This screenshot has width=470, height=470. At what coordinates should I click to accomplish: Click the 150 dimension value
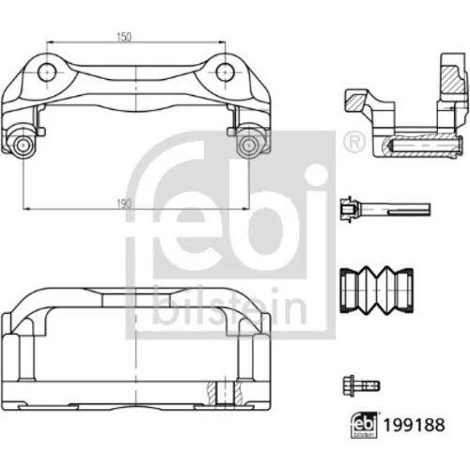[124, 37]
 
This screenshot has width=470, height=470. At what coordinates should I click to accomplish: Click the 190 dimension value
[124, 204]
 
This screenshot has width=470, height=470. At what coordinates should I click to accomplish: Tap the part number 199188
[415, 425]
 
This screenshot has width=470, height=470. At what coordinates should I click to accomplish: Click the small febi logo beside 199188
[364, 425]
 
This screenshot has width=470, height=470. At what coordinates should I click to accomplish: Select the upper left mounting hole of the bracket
[47, 72]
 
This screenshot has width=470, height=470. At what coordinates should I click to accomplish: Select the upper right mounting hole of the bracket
[226, 72]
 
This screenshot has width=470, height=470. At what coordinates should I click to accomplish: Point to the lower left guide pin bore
[23, 146]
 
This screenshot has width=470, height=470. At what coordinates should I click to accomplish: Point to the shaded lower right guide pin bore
[248, 146]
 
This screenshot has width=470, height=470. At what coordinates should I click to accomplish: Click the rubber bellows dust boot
[377, 290]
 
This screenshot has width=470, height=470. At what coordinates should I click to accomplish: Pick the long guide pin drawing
[385, 209]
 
